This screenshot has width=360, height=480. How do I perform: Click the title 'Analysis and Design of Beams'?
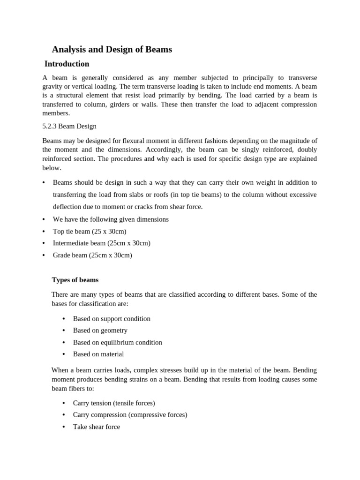112,49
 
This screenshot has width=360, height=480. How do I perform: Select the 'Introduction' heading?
67,64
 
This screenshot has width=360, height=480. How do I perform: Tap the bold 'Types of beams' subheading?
75,280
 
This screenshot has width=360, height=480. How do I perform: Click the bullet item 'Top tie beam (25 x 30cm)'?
90,231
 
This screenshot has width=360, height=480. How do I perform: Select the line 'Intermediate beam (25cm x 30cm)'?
102,243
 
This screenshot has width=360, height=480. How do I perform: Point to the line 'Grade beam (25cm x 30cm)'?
92,255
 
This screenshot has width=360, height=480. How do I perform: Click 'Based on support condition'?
112,319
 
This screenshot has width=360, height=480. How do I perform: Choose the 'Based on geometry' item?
100,330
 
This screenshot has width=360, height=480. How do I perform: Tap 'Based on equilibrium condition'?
117,343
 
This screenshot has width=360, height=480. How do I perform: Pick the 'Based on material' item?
98,354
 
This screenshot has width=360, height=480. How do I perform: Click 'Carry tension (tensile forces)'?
114,403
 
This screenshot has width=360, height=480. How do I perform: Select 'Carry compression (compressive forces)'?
130,415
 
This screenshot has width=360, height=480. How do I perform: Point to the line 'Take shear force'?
96,427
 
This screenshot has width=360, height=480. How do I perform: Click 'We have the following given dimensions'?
111,219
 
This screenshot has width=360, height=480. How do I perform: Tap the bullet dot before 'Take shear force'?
63,427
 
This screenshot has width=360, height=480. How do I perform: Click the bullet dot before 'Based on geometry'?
63,330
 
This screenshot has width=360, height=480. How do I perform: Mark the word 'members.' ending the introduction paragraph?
56,113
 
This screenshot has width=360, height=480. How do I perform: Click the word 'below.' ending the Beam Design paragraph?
52,168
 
